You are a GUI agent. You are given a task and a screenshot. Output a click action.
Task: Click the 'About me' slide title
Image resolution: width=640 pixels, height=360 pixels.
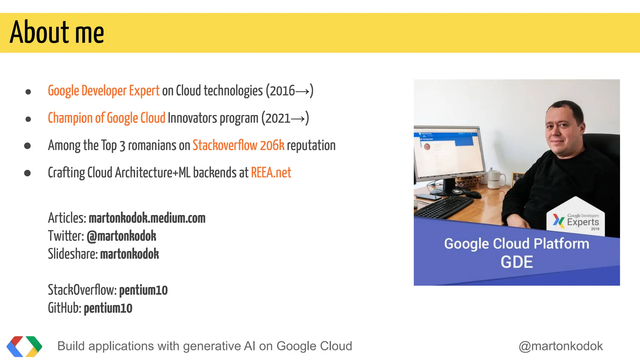pos(57,32)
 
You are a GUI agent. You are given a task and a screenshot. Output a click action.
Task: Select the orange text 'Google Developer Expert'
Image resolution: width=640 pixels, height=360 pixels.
pos(103,91)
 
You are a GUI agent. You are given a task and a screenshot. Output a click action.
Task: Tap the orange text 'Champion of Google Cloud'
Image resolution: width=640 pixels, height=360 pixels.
pos(106,118)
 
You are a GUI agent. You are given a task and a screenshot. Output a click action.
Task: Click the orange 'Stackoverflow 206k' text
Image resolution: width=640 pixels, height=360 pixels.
pos(238,146)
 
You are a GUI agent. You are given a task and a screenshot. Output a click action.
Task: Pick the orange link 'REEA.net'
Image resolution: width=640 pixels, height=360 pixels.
pos(271,173)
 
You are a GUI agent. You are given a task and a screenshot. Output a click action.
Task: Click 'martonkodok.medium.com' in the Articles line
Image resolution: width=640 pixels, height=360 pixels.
pos(147,218)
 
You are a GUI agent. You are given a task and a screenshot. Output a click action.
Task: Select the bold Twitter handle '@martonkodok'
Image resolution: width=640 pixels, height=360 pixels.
pos(121,236)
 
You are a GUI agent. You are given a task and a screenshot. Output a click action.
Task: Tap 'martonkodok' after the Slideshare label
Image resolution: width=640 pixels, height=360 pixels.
pos(129,254)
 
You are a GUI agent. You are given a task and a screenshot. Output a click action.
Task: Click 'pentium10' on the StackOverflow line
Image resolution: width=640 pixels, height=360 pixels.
pos(143,290)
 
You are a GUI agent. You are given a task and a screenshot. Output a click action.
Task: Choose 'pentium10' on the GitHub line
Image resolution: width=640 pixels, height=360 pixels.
pos(108,308)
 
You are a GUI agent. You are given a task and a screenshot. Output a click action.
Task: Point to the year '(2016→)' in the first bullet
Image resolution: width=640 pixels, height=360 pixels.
pos(289,91)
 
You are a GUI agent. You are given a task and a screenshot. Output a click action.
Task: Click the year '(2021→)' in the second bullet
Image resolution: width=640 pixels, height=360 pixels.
pos(285,118)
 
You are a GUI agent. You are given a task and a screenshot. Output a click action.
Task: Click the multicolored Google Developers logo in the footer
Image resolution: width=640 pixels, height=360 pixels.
pos(24,346)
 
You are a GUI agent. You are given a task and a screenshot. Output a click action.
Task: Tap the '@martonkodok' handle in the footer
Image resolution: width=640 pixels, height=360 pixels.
pos(561,346)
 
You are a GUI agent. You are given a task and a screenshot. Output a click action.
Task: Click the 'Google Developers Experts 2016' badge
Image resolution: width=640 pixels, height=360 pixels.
pos(576,220)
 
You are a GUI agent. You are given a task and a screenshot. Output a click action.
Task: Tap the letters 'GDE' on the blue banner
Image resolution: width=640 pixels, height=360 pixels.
pos(517,262)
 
